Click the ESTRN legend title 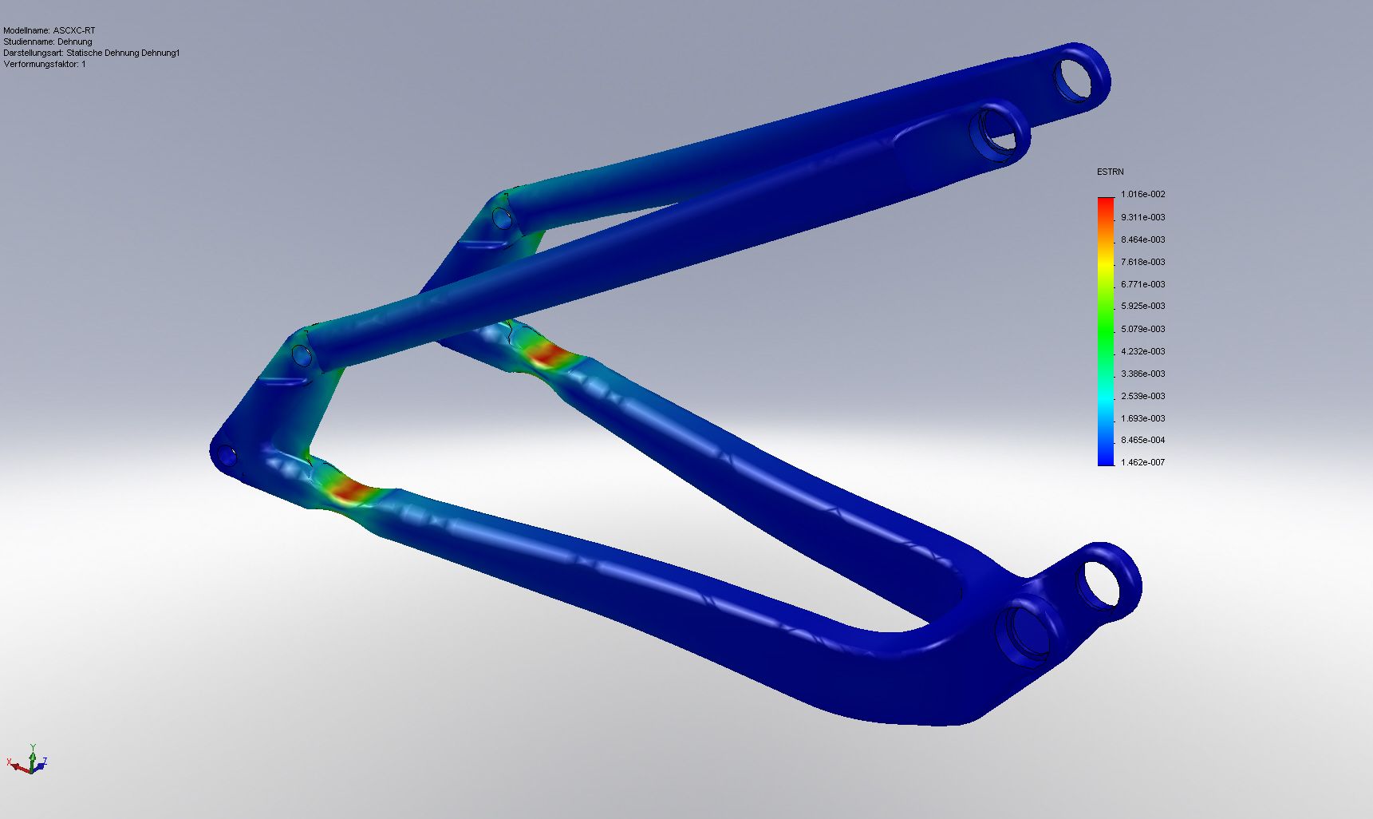1110,172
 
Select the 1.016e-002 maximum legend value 1142,194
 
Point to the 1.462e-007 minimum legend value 1142,462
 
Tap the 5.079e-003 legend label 1142,329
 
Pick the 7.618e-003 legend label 1142,262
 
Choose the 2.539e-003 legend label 1142,396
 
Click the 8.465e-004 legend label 1142,440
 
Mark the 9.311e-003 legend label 1142,217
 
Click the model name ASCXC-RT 73,30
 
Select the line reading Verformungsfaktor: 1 45,64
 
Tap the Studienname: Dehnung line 48,42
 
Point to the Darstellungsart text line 91,53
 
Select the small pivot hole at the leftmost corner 227,457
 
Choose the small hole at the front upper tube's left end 301,354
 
